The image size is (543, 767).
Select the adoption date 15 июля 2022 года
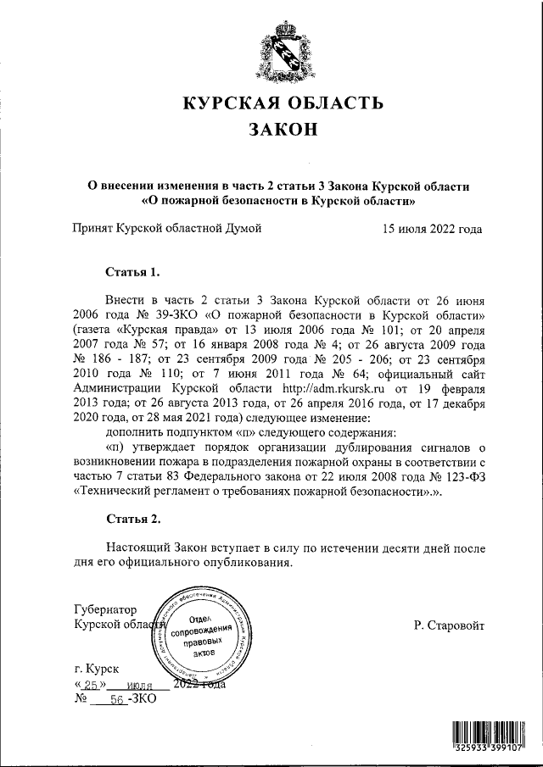click(432, 228)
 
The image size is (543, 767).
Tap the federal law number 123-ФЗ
click(454, 475)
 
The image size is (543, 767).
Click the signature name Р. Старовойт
click(449, 625)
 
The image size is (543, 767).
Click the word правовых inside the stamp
click(203, 643)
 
